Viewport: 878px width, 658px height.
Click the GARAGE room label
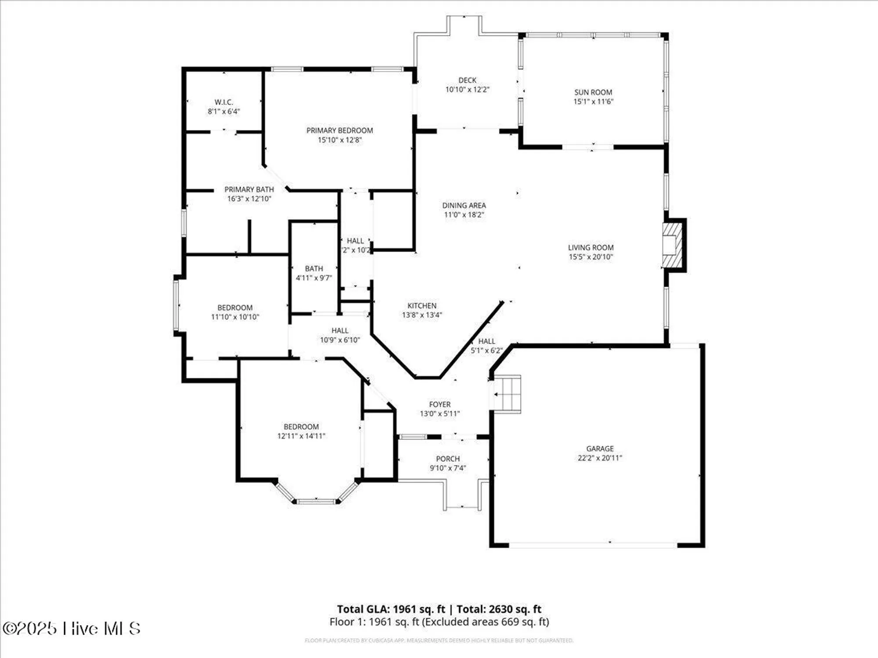click(600, 448)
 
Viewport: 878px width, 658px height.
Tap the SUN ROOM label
click(593, 92)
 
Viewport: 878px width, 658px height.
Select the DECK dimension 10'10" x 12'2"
click(467, 89)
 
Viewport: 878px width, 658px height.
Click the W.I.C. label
click(223, 102)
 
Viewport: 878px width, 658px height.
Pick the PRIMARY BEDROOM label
click(339, 130)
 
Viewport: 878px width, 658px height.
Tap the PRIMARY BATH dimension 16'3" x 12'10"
click(249, 199)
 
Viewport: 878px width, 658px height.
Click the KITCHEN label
click(421, 305)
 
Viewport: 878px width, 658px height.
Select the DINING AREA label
click(464, 205)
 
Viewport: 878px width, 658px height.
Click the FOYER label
click(439, 404)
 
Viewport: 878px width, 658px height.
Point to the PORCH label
click(447, 458)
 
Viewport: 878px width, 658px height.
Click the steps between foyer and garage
click(507, 393)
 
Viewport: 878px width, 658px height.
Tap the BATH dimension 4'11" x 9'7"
click(313, 278)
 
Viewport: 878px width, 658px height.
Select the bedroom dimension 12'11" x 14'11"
click(301, 436)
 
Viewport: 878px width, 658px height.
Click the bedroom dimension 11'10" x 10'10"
click(235, 317)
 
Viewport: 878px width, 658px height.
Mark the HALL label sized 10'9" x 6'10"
click(340, 330)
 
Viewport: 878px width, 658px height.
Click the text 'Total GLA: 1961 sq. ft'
click(391, 609)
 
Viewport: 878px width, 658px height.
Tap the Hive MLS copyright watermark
click(71, 628)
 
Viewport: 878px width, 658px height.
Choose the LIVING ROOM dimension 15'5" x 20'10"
click(590, 257)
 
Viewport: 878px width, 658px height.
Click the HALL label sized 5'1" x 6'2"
click(486, 341)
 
